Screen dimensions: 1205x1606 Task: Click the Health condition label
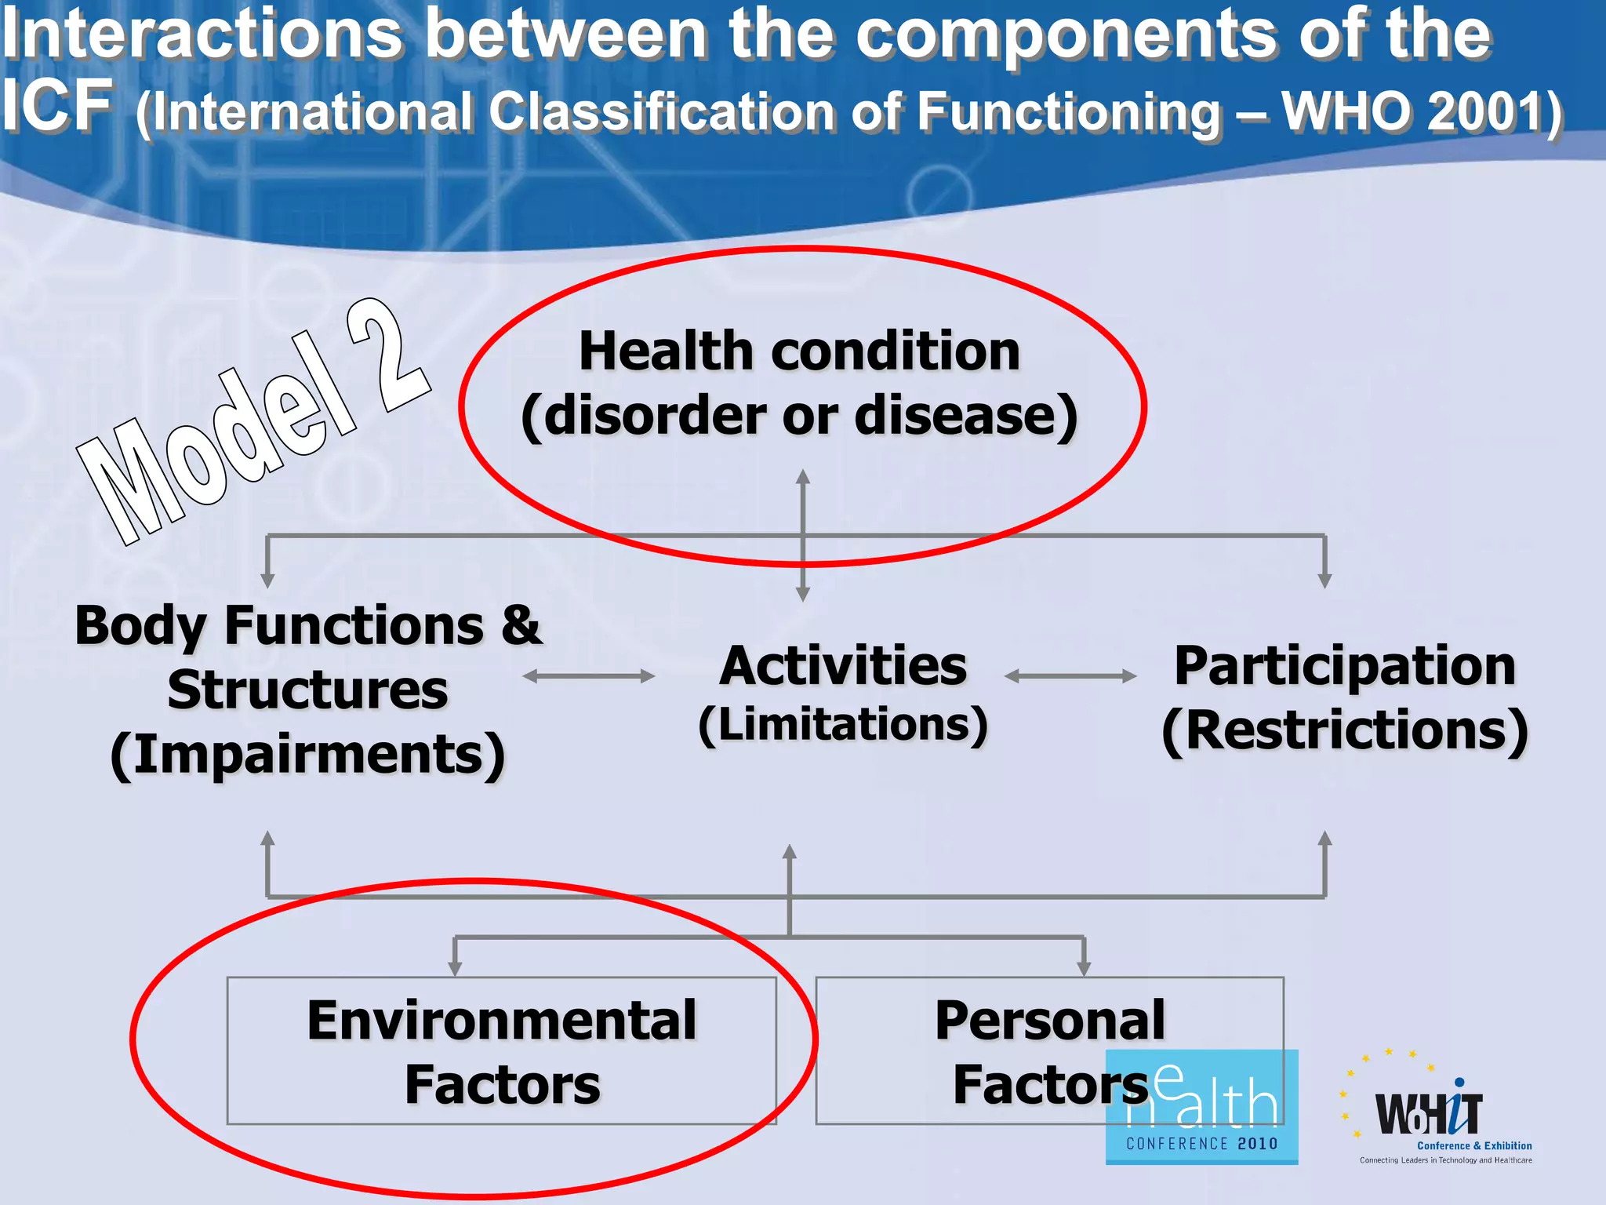[x=799, y=351]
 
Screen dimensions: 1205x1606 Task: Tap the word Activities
[x=843, y=666]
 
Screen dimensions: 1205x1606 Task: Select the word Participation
[x=1344, y=666]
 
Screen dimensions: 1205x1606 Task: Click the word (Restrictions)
[x=1344, y=730]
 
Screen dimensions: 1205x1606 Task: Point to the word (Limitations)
[x=843, y=724]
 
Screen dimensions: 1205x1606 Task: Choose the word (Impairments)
[x=307, y=755]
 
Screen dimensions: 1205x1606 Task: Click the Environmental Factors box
[x=501, y=1050]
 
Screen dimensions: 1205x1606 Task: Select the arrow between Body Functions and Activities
[x=588, y=676]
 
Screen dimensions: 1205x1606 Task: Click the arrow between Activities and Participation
[x=1070, y=676]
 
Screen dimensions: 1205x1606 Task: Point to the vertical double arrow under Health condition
[x=802, y=535]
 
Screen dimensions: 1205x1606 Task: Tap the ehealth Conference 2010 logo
[x=1201, y=1106]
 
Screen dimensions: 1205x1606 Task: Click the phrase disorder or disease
[x=799, y=415]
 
